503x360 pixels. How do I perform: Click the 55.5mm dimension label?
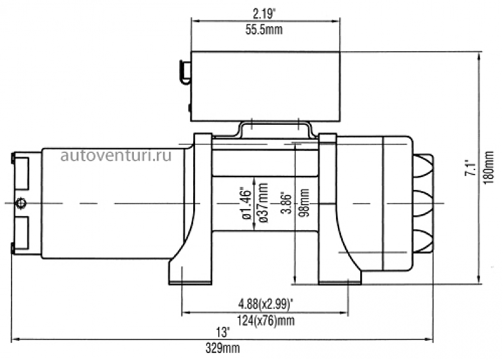[266, 30]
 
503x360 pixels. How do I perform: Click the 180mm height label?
[490, 168]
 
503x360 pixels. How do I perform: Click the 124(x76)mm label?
[266, 320]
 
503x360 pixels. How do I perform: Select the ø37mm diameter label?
[263, 203]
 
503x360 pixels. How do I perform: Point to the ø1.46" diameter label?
[245, 203]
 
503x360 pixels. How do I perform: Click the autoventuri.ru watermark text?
[117, 155]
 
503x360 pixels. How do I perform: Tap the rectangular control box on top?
[265, 86]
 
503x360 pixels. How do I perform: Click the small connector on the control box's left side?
[184, 71]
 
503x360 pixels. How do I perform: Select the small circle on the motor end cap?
[22, 203]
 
